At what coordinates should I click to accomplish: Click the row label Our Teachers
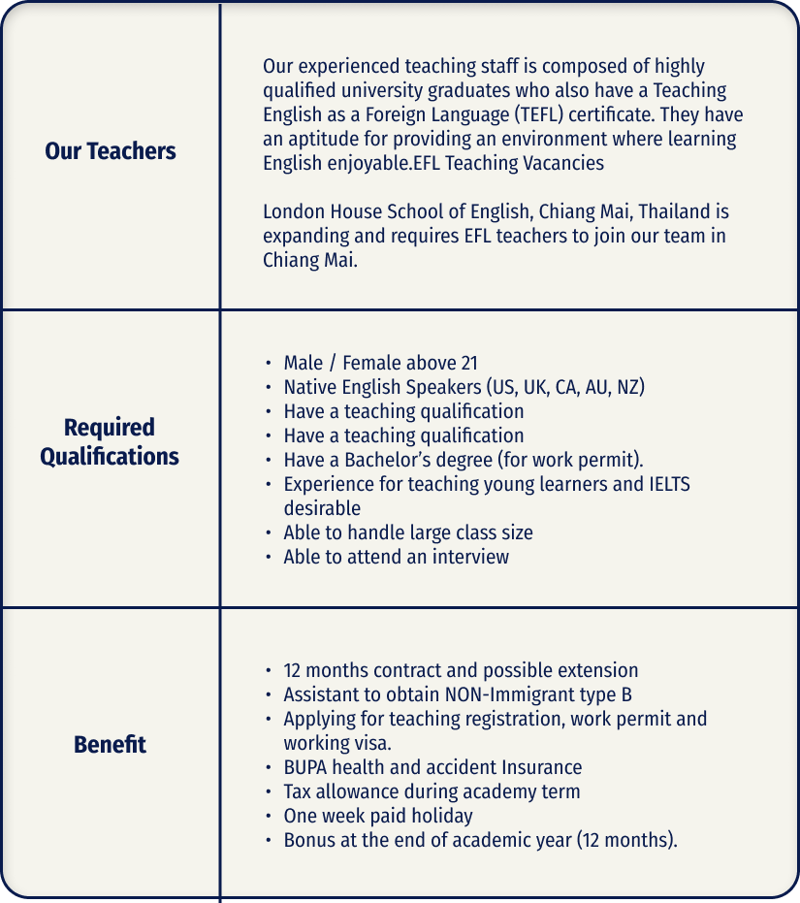111,151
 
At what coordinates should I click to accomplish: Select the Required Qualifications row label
110,442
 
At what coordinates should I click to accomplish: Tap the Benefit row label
110,745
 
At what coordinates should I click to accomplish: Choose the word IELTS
669,484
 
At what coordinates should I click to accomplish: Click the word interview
471,557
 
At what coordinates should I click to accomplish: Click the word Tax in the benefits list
299,791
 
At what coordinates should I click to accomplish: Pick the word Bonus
307,840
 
